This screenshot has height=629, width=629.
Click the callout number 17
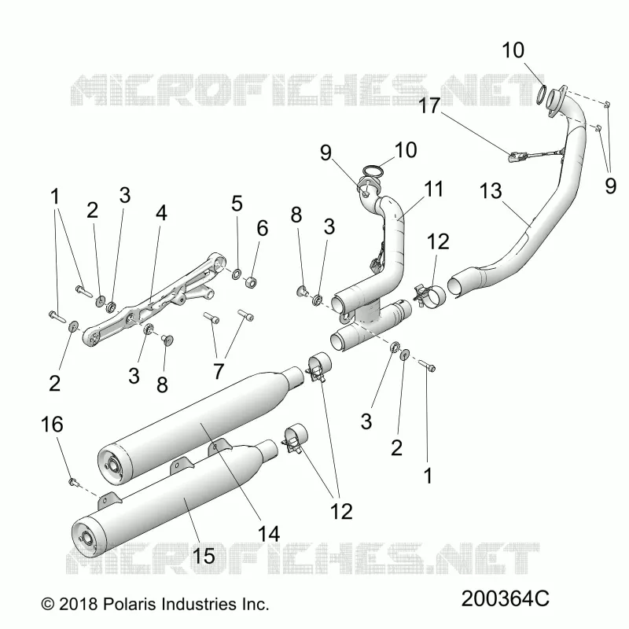429,106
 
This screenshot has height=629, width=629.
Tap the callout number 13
491,191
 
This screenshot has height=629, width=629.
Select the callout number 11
434,189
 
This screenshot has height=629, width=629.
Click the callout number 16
52,425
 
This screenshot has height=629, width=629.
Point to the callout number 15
204,556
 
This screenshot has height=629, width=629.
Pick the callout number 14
268,534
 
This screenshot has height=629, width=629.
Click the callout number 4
161,213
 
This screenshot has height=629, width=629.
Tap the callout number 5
237,203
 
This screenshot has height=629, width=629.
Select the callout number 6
263,228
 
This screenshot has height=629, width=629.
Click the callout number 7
219,371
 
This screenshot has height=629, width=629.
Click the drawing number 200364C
505,599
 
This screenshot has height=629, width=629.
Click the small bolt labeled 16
73,480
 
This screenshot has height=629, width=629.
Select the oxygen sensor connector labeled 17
515,156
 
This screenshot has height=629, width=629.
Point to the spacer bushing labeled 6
251,281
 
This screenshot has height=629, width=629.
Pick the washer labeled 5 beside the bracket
237,274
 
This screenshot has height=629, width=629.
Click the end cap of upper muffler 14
115,465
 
